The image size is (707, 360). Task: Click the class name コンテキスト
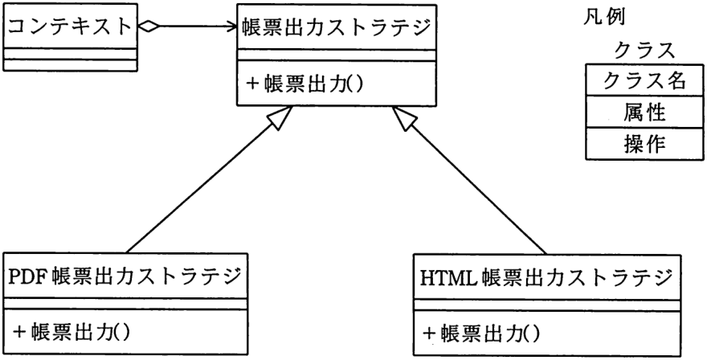pyautogui.click(x=69, y=27)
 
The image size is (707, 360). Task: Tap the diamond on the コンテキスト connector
pyautogui.click(x=149, y=27)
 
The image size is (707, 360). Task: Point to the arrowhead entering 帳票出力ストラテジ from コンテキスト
pyautogui.click(x=231, y=27)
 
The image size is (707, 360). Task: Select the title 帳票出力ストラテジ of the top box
pyautogui.click(x=336, y=27)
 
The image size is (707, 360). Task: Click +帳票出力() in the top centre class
pyautogui.click(x=304, y=84)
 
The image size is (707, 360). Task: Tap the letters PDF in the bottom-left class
pyautogui.click(x=27, y=276)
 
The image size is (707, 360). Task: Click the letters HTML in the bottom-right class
pyautogui.click(x=447, y=277)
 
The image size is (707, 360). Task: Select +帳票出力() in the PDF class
pyautogui.click(x=72, y=333)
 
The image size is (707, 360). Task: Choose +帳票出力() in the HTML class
pyautogui.click(x=480, y=334)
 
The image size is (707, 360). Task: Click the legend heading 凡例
pyautogui.click(x=604, y=18)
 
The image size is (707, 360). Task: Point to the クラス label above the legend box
pyautogui.click(x=644, y=50)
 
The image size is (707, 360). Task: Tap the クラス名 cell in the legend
pyautogui.click(x=644, y=80)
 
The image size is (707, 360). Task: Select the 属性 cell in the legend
pyautogui.click(x=645, y=112)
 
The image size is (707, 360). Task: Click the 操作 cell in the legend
pyautogui.click(x=645, y=144)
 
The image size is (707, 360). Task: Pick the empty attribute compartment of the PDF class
pyautogui.click(x=126, y=304)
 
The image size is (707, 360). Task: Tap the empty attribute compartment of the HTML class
pyautogui.click(x=547, y=305)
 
